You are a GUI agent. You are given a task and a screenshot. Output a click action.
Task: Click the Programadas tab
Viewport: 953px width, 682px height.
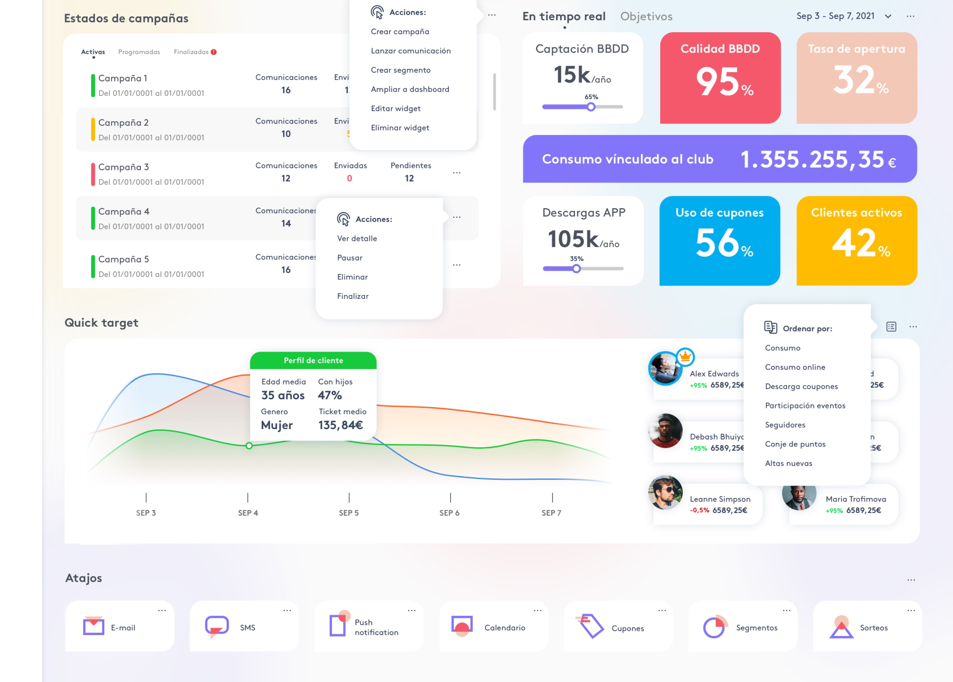click(139, 52)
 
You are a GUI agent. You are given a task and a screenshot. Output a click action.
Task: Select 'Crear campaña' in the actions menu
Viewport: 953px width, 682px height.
click(399, 32)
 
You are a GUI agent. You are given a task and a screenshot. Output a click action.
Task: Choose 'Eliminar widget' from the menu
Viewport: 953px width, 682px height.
click(399, 128)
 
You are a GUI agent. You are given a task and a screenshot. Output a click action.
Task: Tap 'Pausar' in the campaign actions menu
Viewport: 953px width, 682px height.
click(349, 258)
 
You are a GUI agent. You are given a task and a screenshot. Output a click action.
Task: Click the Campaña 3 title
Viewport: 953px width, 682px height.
click(123, 167)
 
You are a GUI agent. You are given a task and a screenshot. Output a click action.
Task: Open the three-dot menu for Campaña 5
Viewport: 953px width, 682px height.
click(457, 265)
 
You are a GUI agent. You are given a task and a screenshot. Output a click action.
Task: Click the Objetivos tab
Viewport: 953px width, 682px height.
click(646, 16)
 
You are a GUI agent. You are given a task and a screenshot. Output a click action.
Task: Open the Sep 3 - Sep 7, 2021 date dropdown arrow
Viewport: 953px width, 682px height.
click(888, 16)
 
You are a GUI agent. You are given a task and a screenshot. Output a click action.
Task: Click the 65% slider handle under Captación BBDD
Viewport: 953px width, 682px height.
click(591, 107)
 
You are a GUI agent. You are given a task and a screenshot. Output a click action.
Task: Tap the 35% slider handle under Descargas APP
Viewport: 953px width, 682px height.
click(576, 269)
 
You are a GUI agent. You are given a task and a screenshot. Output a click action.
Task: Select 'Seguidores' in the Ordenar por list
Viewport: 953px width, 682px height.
click(785, 425)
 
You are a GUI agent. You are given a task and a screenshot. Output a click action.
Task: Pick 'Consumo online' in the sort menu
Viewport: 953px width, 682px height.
click(795, 367)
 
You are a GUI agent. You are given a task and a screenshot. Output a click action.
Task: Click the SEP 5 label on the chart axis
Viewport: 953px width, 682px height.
click(348, 513)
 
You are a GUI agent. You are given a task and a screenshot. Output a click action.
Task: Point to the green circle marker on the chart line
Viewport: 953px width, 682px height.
click(249, 446)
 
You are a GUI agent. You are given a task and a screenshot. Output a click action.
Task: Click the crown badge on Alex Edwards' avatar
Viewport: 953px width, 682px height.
click(686, 356)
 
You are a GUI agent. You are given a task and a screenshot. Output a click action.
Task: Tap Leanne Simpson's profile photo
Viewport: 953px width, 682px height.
click(665, 492)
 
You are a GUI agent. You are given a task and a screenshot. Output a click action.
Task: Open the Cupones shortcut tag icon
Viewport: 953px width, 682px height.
click(591, 626)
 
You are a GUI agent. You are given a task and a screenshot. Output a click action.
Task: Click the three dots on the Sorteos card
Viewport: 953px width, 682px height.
click(911, 611)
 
